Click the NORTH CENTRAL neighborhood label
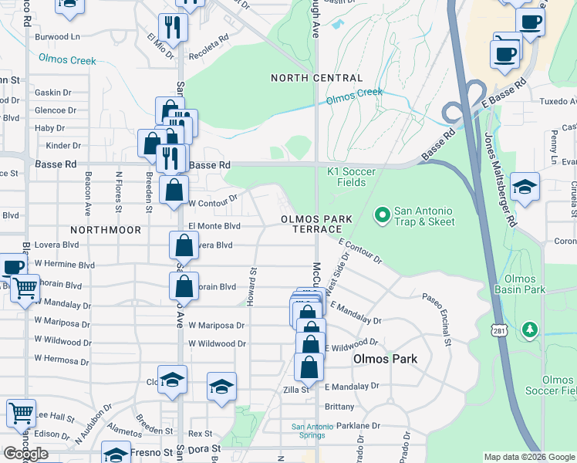[x=316, y=78]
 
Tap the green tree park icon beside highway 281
[x=529, y=330]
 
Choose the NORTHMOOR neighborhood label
[x=106, y=230]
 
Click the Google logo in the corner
[x=25, y=454]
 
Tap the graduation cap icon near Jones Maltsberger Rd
[x=525, y=187]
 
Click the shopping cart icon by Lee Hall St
[x=21, y=412]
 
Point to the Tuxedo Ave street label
[x=556, y=102]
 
